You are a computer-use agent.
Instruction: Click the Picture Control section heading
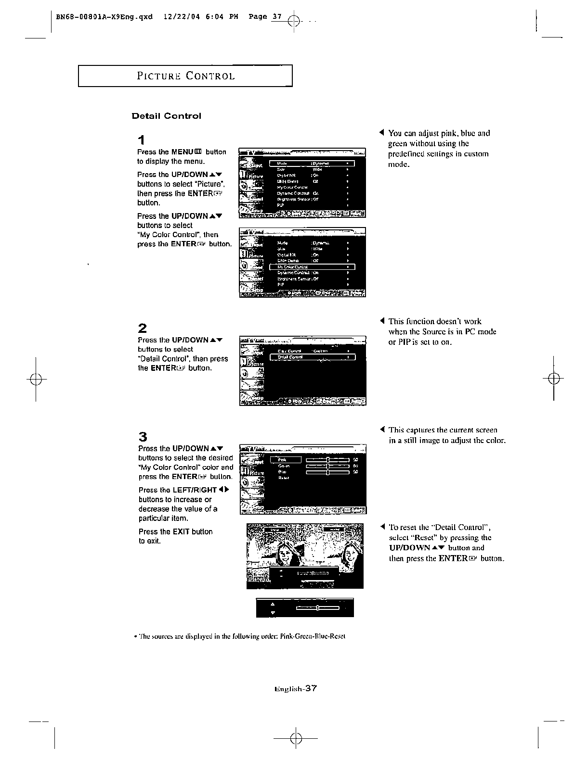pyautogui.click(x=186, y=76)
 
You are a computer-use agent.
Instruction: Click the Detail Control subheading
pyautogui.click(x=167, y=116)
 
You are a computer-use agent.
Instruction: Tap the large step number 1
pyautogui.click(x=141, y=140)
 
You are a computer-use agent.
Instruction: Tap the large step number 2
pyautogui.click(x=142, y=329)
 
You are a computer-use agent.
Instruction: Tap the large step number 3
pyautogui.click(x=143, y=437)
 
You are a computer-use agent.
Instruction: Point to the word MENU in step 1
pyautogui.click(x=182, y=152)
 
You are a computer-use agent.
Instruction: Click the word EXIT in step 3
pyautogui.click(x=181, y=531)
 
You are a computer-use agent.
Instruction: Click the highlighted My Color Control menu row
pyautogui.click(x=312, y=267)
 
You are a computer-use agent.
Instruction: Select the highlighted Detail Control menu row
pyautogui.click(x=312, y=357)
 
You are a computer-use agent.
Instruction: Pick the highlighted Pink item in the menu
pyautogui.click(x=286, y=460)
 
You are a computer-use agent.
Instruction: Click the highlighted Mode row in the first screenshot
pyautogui.click(x=312, y=164)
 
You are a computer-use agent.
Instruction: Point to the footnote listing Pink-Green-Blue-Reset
pyautogui.click(x=239, y=636)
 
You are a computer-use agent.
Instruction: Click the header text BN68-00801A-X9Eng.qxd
pyautogui.click(x=104, y=17)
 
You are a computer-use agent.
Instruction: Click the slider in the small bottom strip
pyautogui.click(x=318, y=608)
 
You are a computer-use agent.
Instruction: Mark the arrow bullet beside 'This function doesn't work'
pyautogui.click(x=381, y=321)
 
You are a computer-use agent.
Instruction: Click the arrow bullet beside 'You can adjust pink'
pyautogui.click(x=381, y=133)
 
